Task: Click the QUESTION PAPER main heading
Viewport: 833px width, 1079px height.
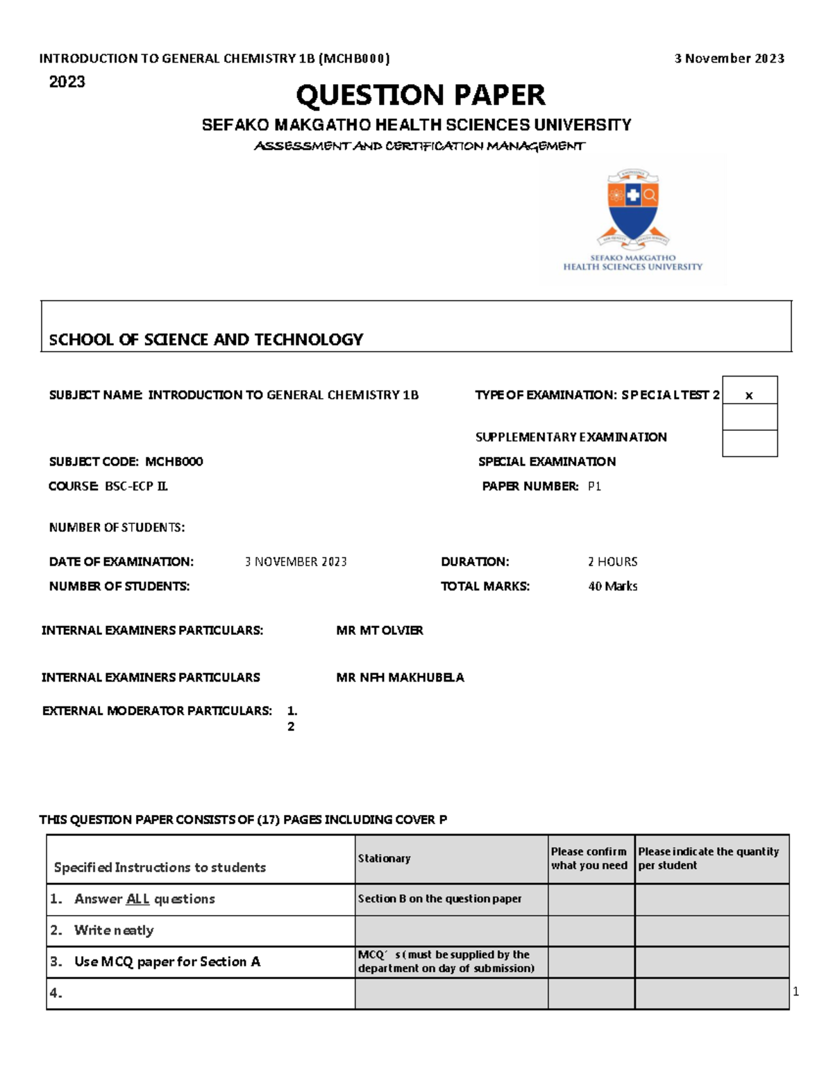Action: pos(421,95)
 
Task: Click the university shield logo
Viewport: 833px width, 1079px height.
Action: pos(632,208)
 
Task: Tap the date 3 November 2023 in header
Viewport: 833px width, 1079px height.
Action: pos(729,58)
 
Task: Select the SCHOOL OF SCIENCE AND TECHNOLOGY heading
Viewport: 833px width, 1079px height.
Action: pos(206,340)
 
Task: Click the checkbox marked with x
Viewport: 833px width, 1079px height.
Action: pos(749,395)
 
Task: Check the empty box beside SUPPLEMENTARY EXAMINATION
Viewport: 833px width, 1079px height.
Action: pos(749,418)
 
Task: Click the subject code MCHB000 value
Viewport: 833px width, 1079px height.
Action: pos(174,461)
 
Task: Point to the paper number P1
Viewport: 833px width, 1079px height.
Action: pos(594,486)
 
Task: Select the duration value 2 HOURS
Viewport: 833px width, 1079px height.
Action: pos(612,561)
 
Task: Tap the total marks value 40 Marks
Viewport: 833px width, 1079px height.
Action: pos(612,586)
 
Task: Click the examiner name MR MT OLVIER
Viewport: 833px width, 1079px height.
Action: pos(380,630)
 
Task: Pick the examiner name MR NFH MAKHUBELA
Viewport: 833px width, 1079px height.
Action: pos(400,677)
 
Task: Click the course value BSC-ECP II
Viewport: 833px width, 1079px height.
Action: pos(136,486)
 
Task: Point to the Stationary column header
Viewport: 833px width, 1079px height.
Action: pos(384,859)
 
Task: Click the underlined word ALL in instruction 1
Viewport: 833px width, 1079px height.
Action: pos(137,899)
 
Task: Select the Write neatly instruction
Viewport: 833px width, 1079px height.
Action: pos(114,930)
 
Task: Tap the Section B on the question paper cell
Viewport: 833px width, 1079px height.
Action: pos(439,899)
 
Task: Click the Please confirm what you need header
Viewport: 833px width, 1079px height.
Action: pos(589,859)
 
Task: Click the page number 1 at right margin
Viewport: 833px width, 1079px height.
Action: pos(796,992)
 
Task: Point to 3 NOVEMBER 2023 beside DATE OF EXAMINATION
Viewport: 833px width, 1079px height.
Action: pos(296,561)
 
